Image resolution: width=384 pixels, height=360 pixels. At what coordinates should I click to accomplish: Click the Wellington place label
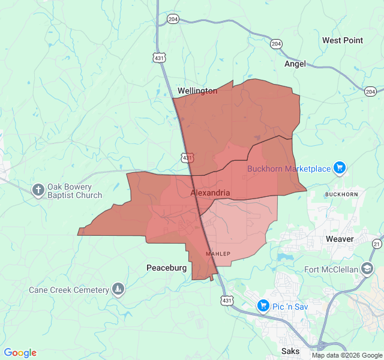pyautogui.click(x=197, y=91)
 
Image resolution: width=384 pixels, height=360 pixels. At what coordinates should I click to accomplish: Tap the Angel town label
pyautogui.click(x=295, y=64)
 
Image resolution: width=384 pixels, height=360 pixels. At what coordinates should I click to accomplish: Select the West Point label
pyautogui.click(x=342, y=40)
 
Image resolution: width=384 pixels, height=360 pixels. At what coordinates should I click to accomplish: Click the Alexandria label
pyautogui.click(x=210, y=193)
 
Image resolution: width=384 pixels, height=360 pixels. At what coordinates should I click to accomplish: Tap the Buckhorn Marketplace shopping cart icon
pyautogui.click(x=340, y=168)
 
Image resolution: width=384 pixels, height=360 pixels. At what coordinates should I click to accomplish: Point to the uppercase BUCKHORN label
pyautogui.click(x=341, y=195)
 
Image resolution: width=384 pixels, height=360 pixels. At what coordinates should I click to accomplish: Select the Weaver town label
pyautogui.click(x=340, y=239)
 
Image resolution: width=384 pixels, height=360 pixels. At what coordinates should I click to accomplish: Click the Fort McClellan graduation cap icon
pyautogui.click(x=367, y=268)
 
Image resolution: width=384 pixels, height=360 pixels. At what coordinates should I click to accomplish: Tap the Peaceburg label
pyautogui.click(x=166, y=268)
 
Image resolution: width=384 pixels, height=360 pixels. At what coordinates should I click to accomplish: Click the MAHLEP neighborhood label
pyautogui.click(x=218, y=254)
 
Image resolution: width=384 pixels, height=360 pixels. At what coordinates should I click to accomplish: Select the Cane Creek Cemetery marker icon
pyautogui.click(x=118, y=290)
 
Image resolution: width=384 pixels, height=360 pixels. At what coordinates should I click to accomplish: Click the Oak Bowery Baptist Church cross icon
pyautogui.click(x=38, y=190)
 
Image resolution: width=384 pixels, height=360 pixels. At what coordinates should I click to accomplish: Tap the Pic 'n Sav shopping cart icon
pyautogui.click(x=263, y=306)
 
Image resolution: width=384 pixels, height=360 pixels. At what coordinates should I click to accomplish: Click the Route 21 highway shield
pyautogui.click(x=376, y=244)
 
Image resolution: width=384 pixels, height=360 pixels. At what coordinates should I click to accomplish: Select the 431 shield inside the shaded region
pyautogui.click(x=188, y=158)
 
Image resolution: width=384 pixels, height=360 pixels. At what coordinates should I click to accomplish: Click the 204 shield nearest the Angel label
pyautogui.click(x=276, y=44)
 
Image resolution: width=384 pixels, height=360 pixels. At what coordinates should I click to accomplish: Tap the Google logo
pyautogui.click(x=20, y=353)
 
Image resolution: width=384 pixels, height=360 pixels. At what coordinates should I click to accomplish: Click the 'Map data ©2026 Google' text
pyautogui.click(x=346, y=355)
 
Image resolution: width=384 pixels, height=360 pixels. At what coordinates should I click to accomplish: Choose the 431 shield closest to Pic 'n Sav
pyautogui.click(x=226, y=300)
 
